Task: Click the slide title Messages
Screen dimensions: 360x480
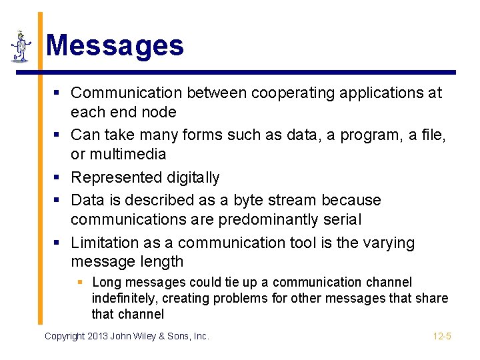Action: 114,46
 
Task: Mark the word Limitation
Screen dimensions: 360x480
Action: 107,243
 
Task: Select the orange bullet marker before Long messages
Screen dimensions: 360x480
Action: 79,283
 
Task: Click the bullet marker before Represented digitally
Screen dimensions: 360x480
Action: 58,177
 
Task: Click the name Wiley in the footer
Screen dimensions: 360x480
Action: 155,336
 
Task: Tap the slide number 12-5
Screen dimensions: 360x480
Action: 442,336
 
